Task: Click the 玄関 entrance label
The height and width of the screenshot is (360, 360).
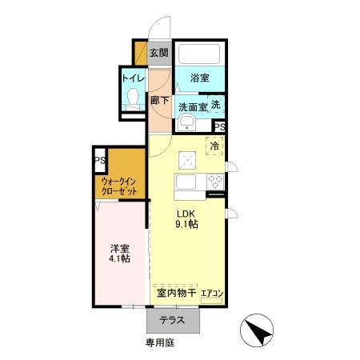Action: (x=159, y=54)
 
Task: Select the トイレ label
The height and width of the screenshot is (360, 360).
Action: (x=132, y=78)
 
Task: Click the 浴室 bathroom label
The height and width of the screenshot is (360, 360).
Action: (x=200, y=78)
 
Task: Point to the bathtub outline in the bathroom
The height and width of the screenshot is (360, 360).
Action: (x=200, y=54)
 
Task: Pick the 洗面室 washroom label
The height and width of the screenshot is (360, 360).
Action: (x=193, y=106)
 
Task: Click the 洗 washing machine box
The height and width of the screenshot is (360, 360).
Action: (x=217, y=105)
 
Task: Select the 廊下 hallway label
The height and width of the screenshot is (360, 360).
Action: (x=159, y=101)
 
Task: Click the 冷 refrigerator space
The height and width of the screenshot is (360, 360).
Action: (x=214, y=146)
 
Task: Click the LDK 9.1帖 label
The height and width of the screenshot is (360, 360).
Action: (x=187, y=218)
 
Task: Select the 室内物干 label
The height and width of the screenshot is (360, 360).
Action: (x=174, y=292)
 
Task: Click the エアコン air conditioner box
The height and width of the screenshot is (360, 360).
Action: (x=213, y=293)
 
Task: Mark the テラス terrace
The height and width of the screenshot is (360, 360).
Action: (x=172, y=320)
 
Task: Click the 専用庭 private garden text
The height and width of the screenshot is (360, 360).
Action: (x=159, y=342)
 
